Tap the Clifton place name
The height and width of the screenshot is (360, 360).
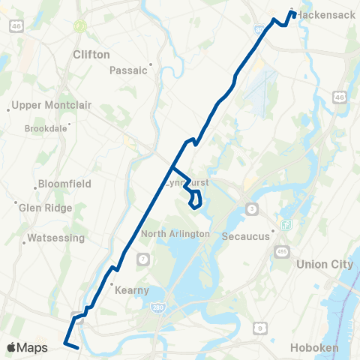[91, 55]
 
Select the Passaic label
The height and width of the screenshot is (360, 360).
[125, 70]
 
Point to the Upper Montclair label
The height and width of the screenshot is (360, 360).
[52, 105]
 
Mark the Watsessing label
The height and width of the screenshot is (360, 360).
[53, 239]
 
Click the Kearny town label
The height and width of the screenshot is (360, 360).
[131, 290]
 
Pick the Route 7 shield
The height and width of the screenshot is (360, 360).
[142, 259]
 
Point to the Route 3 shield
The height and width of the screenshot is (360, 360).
[252, 208]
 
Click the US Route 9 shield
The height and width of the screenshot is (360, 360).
[259, 327]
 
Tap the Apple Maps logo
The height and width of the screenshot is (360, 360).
[27, 346]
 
